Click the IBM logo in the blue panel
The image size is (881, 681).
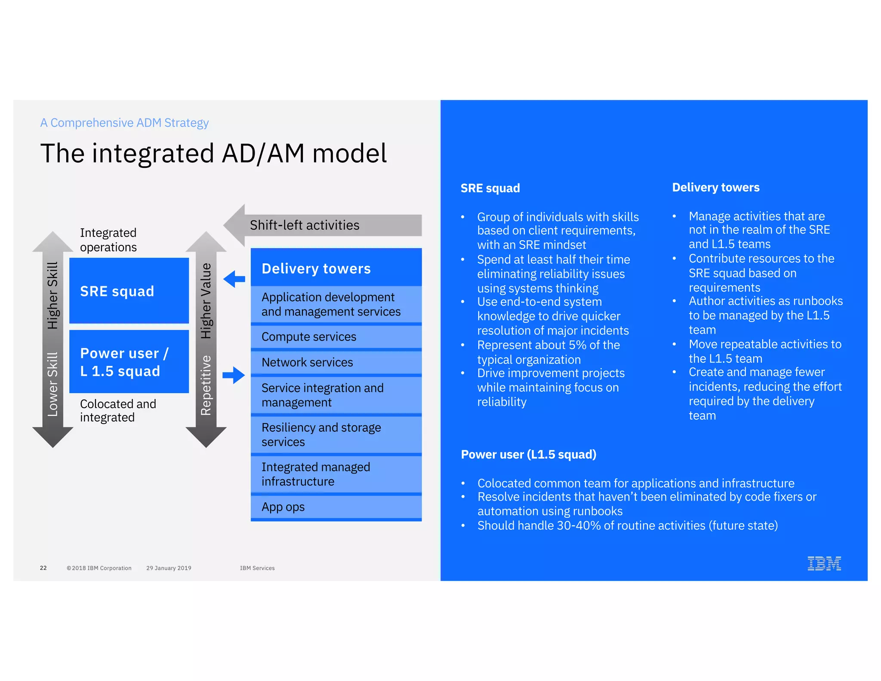(824, 563)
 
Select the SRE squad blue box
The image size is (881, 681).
(129, 291)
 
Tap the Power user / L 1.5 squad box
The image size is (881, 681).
(129, 362)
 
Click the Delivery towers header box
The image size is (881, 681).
(336, 268)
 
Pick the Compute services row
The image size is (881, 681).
(336, 337)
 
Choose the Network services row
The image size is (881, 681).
(336, 362)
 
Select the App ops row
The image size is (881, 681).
(336, 507)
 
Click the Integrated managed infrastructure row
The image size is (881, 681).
(336, 474)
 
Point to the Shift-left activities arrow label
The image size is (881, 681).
(305, 225)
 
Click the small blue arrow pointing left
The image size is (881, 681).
(234, 279)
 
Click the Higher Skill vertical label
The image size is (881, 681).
(52, 295)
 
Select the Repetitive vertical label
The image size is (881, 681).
(206, 385)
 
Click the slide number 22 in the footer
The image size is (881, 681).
(43, 568)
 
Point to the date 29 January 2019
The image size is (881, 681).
(169, 568)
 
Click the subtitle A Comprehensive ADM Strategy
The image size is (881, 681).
(124, 123)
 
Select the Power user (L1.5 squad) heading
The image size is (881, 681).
(528, 454)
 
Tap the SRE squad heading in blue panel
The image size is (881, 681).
(490, 188)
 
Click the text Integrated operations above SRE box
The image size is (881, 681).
(108, 240)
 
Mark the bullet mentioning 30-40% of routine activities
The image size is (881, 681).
(627, 525)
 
